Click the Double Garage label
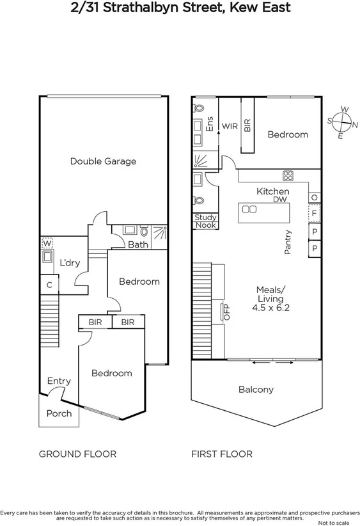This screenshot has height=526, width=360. (x=103, y=161)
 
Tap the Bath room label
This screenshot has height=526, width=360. (x=137, y=244)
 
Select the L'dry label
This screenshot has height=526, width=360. (x=70, y=263)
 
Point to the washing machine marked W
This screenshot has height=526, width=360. (x=47, y=243)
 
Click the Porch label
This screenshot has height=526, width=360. (x=59, y=413)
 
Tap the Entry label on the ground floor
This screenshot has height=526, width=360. (x=59, y=381)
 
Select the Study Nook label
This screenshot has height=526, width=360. (x=205, y=221)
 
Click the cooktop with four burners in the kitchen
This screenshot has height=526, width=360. (x=287, y=176)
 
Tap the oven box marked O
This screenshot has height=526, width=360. (x=314, y=197)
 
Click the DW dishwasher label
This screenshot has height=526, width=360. (x=279, y=200)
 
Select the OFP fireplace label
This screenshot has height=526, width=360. (x=225, y=312)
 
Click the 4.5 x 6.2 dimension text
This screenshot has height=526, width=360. (x=274, y=308)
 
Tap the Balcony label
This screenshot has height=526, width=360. (x=256, y=389)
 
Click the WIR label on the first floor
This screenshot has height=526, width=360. (x=230, y=126)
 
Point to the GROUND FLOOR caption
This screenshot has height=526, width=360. (x=78, y=454)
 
